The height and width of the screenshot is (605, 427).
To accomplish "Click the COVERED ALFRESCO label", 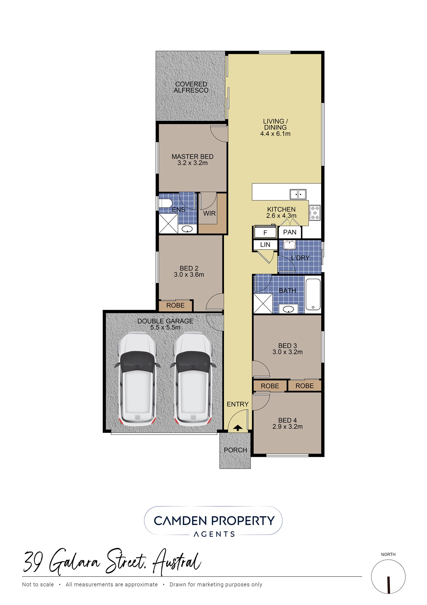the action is click(191, 87).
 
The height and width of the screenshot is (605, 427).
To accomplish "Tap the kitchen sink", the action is click(298, 194).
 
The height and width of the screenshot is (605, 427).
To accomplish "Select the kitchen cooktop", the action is click(315, 213).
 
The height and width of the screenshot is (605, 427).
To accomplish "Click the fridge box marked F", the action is click(265, 233).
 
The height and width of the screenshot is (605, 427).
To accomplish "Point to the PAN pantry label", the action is click(290, 232).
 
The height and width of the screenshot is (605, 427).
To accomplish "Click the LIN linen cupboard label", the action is click(265, 245).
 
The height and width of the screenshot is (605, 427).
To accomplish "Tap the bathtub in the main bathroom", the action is click(313, 294).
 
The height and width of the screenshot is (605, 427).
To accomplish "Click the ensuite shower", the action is click(168, 224).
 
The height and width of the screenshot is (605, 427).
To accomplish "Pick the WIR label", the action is click(209, 214).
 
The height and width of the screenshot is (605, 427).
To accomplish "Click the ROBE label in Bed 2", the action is click(175, 306).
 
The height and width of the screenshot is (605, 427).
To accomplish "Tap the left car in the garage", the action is click(137, 379).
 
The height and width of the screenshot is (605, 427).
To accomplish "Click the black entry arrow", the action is click(238, 428).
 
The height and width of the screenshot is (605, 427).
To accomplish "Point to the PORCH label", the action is click(235, 450).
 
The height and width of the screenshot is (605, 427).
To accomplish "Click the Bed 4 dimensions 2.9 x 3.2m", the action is click(287, 427).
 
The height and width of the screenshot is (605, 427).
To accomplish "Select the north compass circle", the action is click(388, 577).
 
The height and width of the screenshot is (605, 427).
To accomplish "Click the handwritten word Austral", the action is click(177, 562).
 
